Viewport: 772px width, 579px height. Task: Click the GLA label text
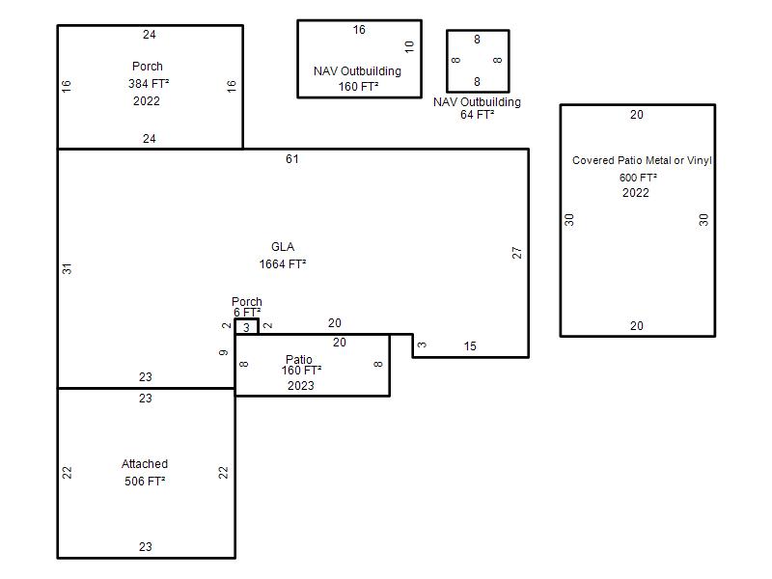(x=283, y=247)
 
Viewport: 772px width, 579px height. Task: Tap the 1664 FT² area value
(x=283, y=263)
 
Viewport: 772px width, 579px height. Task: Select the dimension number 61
(x=292, y=158)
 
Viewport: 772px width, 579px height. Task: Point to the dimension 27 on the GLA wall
(x=516, y=253)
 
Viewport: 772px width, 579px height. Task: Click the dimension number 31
(x=67, y=269)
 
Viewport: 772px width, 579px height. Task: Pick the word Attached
(x=145, y=464)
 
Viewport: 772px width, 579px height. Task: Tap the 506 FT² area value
(x=145, y=481)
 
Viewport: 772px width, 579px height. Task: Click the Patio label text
(x=299, y=359)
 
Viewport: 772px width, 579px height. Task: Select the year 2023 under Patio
(x=301, y=385)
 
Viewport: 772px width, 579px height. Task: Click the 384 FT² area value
(x=149, y=84)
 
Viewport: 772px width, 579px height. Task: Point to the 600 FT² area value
(x=638, y=178)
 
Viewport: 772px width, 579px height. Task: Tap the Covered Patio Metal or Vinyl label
(x=642, y=160)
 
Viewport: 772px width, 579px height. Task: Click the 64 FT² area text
(x=477, y=114)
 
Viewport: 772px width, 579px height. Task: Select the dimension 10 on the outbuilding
(x=409, y=46)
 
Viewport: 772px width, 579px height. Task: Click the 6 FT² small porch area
(x=247, y=312)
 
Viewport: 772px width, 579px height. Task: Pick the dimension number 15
(x=470, y=346)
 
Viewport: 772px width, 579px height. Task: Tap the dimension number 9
(x=224, y=352)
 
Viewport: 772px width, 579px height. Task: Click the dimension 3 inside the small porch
(x=246, y=327)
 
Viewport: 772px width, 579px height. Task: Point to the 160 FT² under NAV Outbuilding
(x=358, y=87)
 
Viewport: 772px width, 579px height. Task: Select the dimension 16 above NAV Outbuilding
(x=359, y=30)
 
